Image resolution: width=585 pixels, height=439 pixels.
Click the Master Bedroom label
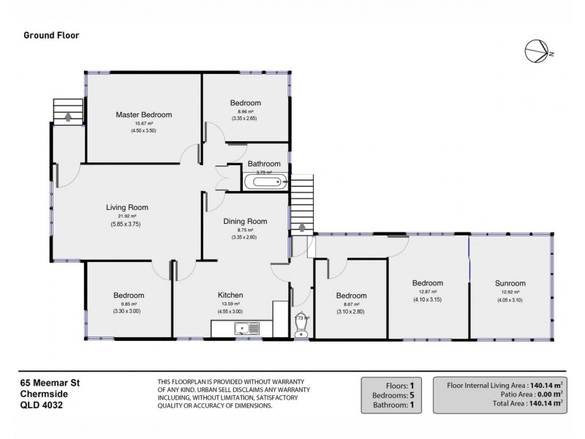point(143,115)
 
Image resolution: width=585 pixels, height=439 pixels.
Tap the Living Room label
point(127,207)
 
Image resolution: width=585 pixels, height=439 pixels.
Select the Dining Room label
point(245,221)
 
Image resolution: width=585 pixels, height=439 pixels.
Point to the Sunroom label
point(510,283)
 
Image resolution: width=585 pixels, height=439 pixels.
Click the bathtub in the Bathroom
point(265,182)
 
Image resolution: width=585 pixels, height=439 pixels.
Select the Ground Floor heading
point(52,34)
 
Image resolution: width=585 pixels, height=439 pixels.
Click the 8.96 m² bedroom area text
point(245,111)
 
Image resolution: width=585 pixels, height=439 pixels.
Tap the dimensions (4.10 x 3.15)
point(427,299)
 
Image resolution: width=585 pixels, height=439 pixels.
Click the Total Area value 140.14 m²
point(543,402)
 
